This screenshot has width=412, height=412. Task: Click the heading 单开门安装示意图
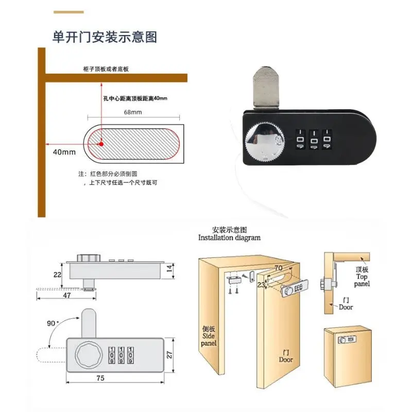click(x=105, y=37)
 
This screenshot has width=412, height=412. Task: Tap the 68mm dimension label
click(x=133, y=112)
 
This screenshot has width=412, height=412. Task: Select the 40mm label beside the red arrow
click(x=64, y=152)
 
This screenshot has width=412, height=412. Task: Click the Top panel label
click(x=362, y=277)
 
